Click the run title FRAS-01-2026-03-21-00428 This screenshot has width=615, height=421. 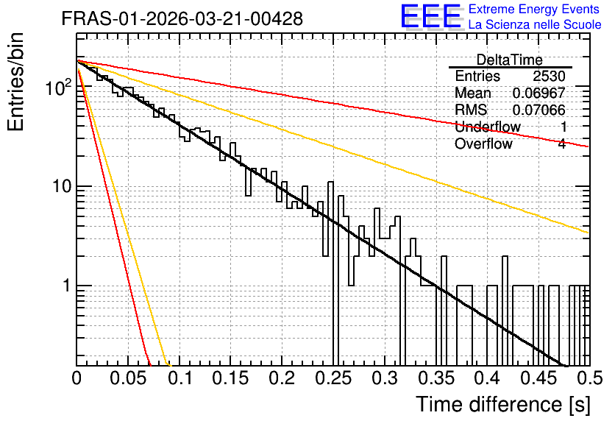(182, 18)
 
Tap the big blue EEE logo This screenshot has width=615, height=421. (430, 17)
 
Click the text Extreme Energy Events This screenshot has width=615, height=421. (534, 9)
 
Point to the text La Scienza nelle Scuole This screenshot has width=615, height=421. (535, 24)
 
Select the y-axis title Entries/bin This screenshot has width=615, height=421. (15, 82)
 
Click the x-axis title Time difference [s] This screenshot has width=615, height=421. (503, 404)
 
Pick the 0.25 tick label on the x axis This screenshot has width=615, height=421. (333, 378)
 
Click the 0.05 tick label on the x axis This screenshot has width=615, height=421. (128, 378)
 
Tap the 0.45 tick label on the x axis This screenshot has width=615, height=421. (539, 378)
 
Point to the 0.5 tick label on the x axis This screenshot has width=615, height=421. (589, 378)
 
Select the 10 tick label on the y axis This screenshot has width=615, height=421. (62, 186)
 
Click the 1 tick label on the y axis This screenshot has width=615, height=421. (66, 286)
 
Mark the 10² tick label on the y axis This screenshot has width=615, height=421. (58, 87)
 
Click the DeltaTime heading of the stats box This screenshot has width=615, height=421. (510, 60)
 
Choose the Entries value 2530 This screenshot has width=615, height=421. (549, 76)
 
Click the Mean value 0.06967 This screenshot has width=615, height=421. (539, 93)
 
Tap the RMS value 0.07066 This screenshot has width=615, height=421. (539, 110)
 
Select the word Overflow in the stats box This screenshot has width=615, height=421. (483, 144)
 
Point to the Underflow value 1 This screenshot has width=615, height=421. (563, 127)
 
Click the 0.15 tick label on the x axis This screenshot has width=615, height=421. (231, 378)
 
